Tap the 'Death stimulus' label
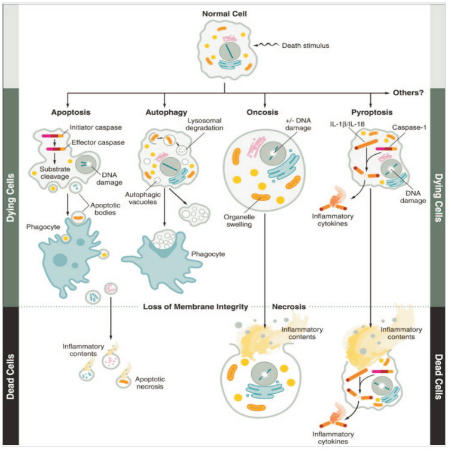click(x=304, y=44)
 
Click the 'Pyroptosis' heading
click(x=372, y=111)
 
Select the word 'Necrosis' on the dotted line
click(x=290, y=307)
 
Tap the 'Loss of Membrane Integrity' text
click(x=196, y=307)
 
